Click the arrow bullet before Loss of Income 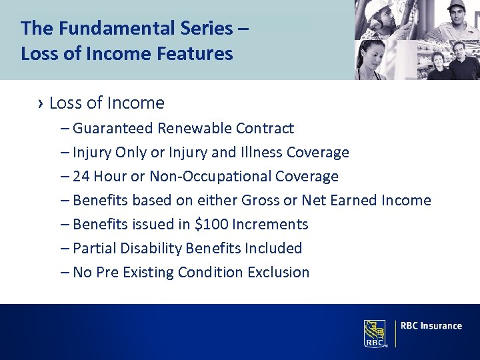(x=41, y=103)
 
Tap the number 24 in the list (x=81, y=177)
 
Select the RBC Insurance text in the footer (x=431, y=326)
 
